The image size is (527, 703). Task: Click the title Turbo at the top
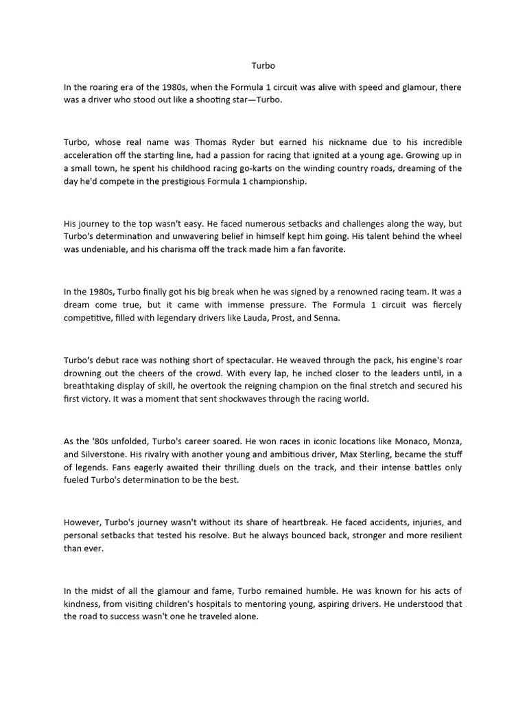262,67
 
